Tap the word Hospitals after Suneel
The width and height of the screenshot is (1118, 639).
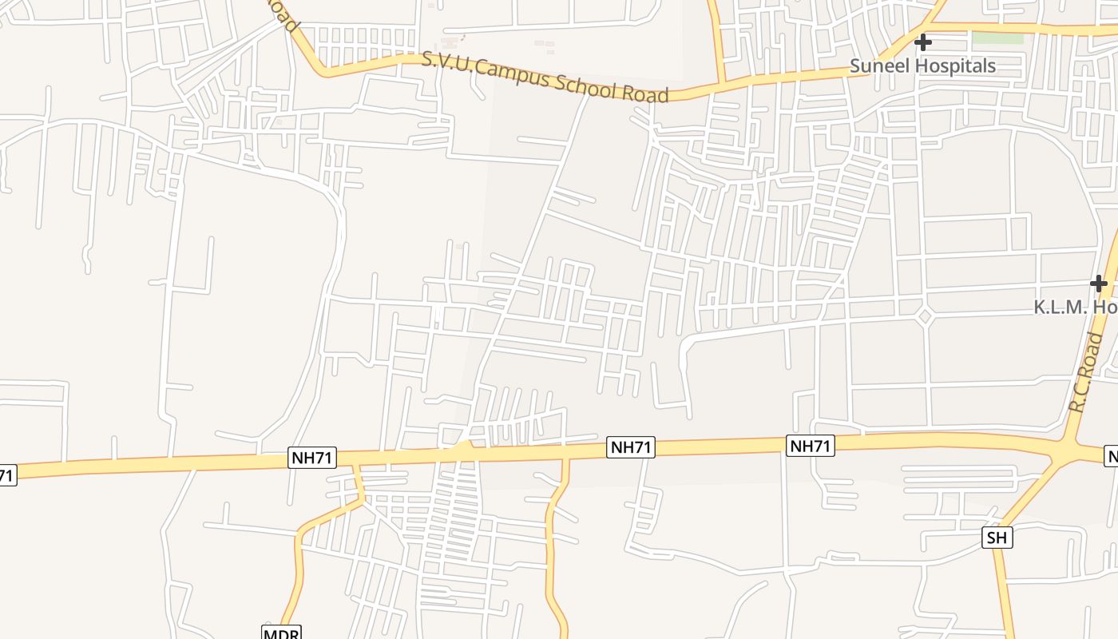click(x=955, y=66)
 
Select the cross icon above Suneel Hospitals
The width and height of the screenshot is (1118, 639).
click(x=923, y=42)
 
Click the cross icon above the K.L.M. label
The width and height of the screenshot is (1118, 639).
click(x=1099, y=284)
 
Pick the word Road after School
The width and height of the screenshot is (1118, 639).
click(x=645, y=94)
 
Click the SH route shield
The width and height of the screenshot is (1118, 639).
click(x=997, y=538)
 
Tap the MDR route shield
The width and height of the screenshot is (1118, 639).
click(x=281, y=633)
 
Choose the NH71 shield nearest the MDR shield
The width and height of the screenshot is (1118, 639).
click(x=312, y=458)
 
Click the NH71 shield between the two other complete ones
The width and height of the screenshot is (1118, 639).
click(x=631, y=447)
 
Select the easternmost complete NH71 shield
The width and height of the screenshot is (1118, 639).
click(x=811, y=446)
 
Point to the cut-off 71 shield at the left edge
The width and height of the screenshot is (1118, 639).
click(x=6, y=475)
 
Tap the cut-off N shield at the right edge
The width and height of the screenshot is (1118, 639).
click(x=1111, y=456)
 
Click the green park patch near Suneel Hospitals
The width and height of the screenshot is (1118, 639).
click(x=997, y=38)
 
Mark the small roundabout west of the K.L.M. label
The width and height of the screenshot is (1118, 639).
click(x=925, y=316)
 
